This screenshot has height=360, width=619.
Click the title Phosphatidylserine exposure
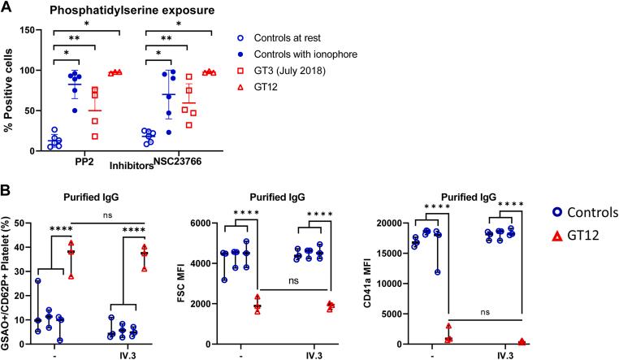(132, 10)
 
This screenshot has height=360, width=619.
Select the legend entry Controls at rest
(287, 38)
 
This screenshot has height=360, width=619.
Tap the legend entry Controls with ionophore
(305, 54)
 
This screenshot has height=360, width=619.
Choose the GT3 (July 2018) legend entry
(290, 71)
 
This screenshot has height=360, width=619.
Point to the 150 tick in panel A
(28, 30)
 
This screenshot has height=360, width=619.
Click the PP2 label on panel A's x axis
(84, 162)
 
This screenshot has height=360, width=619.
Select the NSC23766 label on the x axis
(178, 161)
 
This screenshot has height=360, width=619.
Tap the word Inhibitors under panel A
(132, 166)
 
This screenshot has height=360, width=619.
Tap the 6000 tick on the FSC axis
(210, 223)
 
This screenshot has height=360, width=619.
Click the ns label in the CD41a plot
(485, 312)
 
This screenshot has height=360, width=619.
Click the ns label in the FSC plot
(293, 281)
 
